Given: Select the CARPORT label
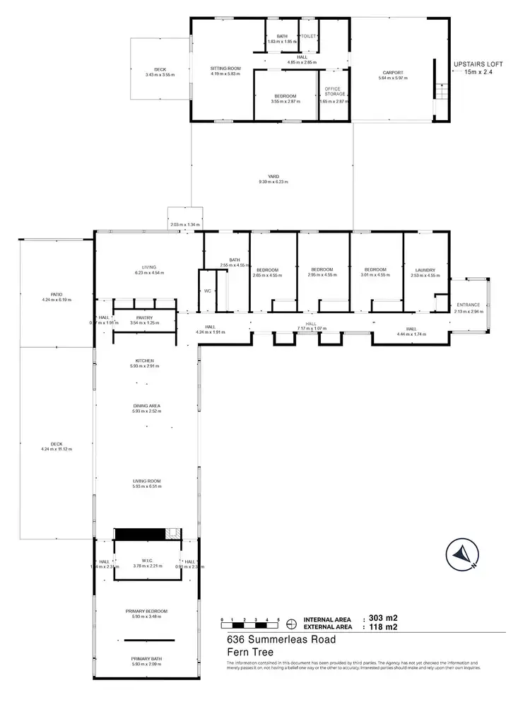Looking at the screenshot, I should (x=394, y=72).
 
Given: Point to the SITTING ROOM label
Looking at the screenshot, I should (x=226, y=69).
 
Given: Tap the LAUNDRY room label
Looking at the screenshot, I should (x=425, y=269).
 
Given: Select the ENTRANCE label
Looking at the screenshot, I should (x=468, y=305).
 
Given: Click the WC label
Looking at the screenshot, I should (x=207, y=291).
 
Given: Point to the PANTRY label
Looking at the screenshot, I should (x=144, y=318).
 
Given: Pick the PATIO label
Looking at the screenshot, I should (x=57, y=296).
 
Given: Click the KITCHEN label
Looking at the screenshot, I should (x=146, y=361).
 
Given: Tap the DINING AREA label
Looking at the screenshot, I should (x=146, y=406).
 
